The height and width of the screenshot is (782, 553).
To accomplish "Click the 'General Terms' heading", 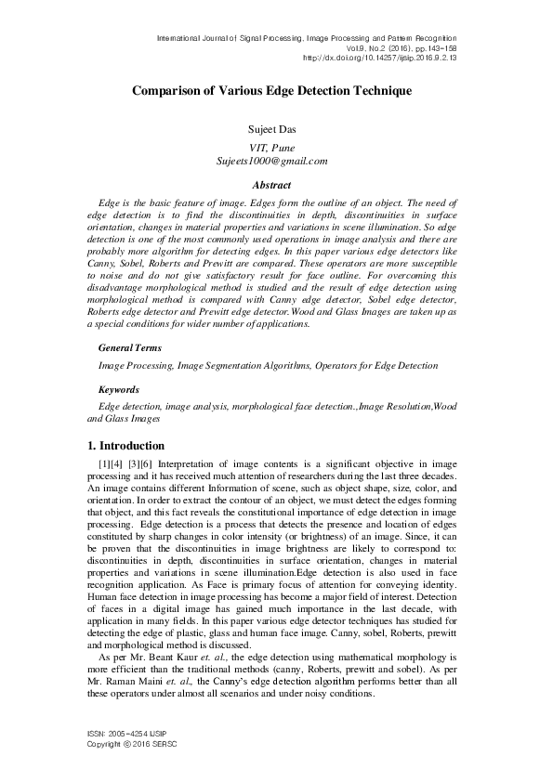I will [129, 347].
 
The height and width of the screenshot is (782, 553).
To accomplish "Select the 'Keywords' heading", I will [119, 390].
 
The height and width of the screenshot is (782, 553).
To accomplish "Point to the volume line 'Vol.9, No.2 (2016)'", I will [409, 47].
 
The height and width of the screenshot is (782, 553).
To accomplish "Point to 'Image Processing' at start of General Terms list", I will [130, 366].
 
